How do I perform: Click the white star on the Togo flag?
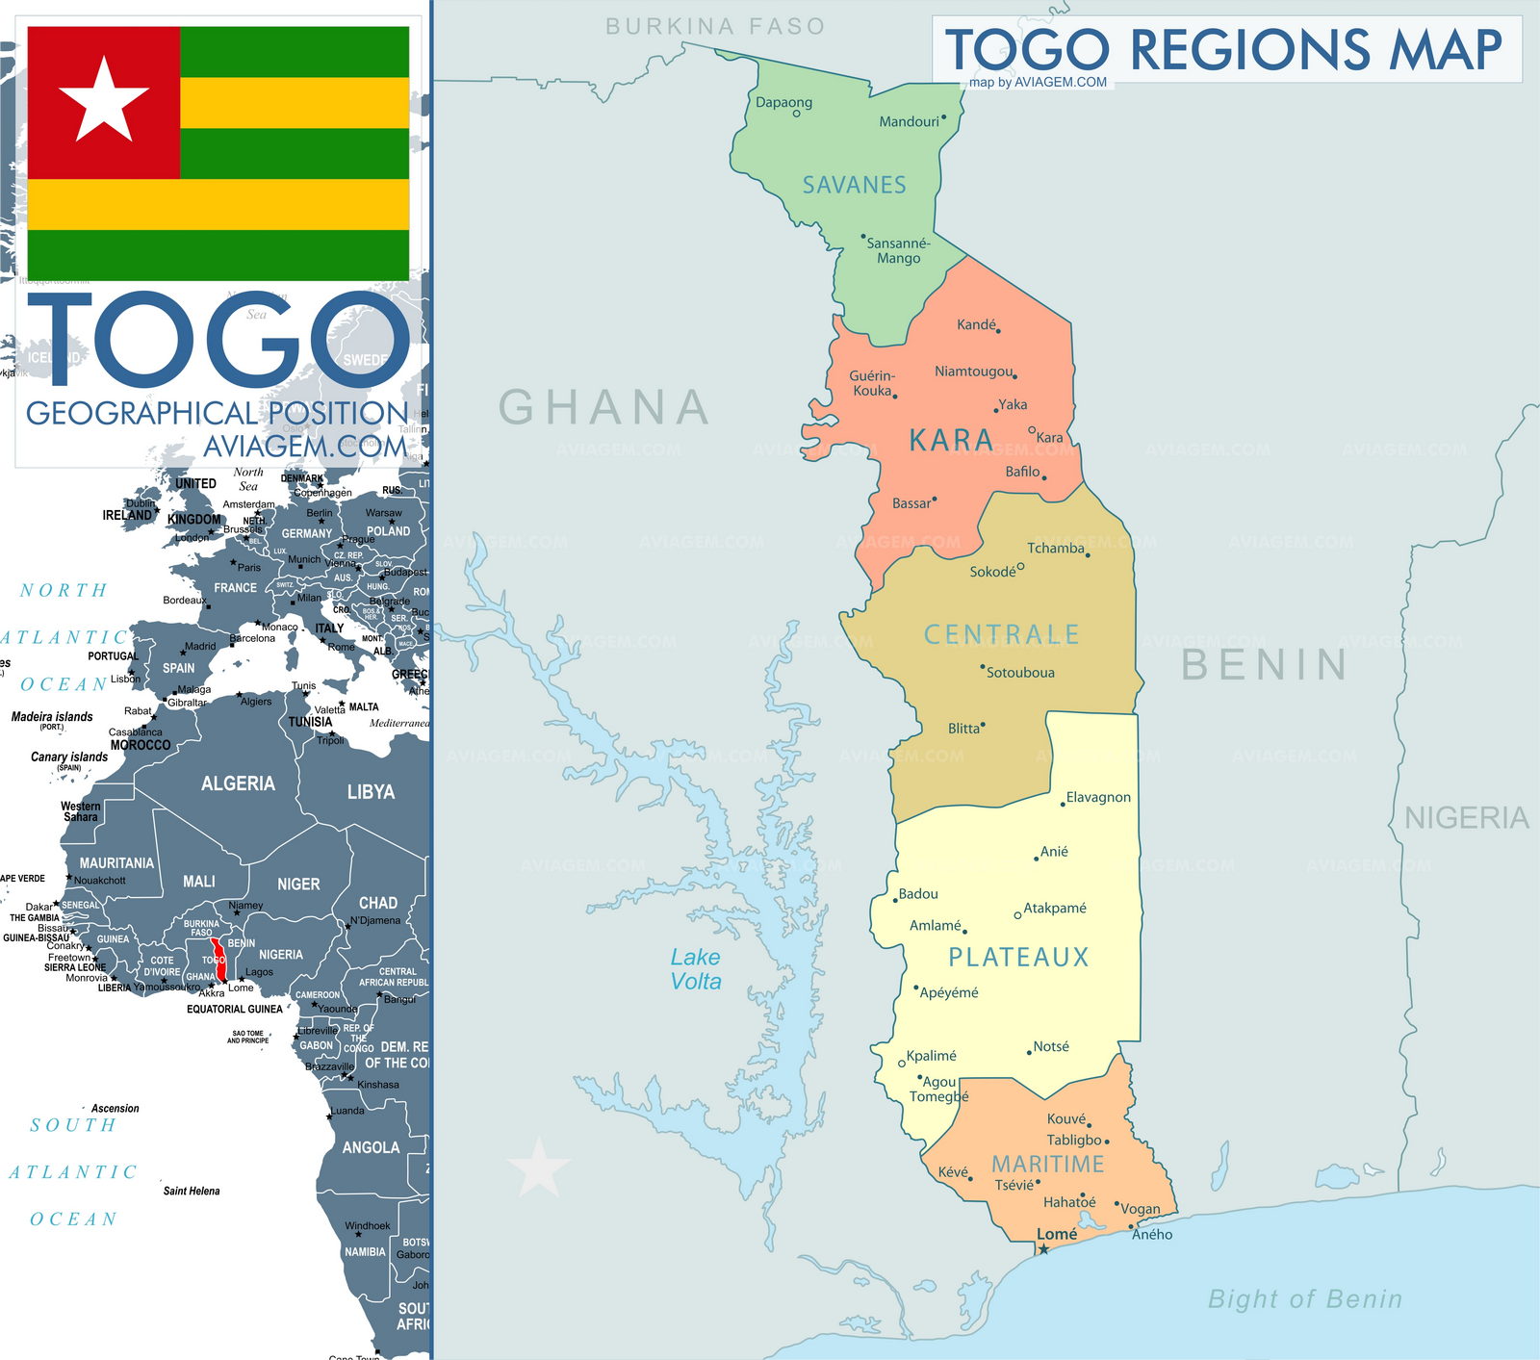click(104, 98)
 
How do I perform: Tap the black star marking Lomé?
click(1043, 1249)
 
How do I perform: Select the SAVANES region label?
click(855, 185)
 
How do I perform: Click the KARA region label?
click(951, 441)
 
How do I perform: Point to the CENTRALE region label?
click(1001, 634)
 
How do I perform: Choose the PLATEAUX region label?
click(1018, 957)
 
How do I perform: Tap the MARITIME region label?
click(1048, 1164)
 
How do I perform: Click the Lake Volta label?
click(696, 969)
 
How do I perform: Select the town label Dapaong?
click(783, 102)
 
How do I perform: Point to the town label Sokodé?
click(992, 572)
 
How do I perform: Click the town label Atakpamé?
click(1055, 908)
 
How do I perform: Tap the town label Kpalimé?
click(931, 1056)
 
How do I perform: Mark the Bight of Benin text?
click(1304, 1298)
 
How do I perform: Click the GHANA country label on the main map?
click(604, 407)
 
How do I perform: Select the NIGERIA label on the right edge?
click(1466, 818)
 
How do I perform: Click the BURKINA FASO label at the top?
click(715, 27)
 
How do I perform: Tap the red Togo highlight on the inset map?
click(218, 961)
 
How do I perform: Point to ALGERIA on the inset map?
click(238, 783)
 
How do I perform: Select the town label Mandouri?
click(909, 121)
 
